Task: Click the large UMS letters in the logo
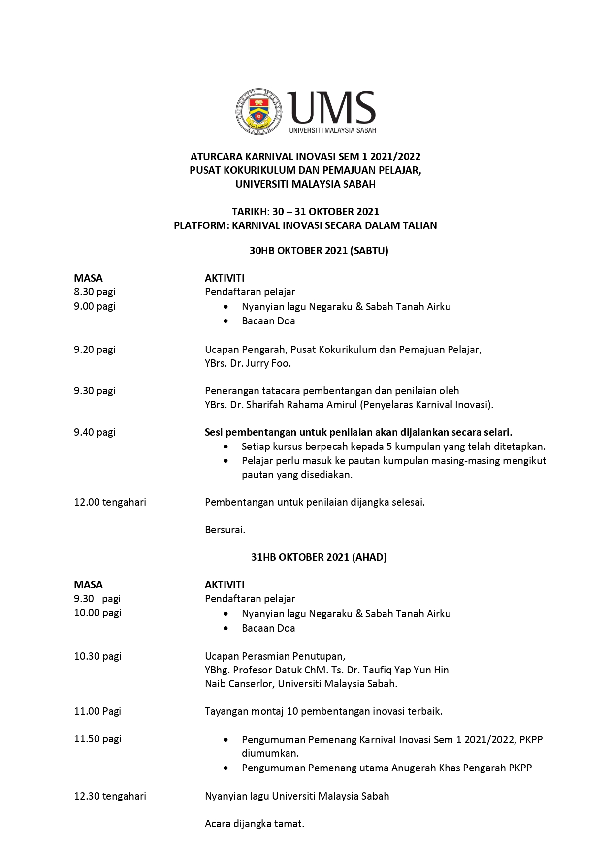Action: [332, 107]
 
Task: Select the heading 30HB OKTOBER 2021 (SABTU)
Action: [319, 251]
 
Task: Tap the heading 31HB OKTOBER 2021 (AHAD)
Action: [319, 557]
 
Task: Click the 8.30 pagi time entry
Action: [95, 292]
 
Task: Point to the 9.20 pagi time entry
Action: [95, 350]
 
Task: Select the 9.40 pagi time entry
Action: [95, 432]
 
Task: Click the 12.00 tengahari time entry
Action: [110, 502]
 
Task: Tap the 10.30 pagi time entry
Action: [97, 656]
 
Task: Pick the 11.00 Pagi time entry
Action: [97, 711]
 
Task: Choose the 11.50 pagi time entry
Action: [97, 739]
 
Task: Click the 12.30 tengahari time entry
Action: [110, 796]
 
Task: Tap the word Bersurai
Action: [225, 530]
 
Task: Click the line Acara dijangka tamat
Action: [255, 824]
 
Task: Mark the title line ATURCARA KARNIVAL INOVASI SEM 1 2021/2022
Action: [305, 157]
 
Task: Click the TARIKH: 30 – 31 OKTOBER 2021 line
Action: [305, 212]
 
